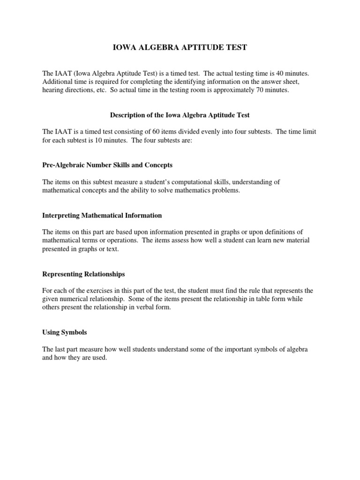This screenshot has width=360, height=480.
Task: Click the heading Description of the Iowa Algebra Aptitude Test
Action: click(180, 114)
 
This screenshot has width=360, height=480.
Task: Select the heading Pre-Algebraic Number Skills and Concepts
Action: click(108, 165)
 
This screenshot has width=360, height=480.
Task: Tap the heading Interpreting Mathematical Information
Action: click(102, 216)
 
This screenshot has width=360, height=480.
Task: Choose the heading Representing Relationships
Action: click(84, 274)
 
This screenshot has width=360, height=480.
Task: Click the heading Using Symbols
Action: click(65, 332)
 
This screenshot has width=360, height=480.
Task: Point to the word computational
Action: click(182, 182)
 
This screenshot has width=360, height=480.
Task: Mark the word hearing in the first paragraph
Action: click(53, 90)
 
